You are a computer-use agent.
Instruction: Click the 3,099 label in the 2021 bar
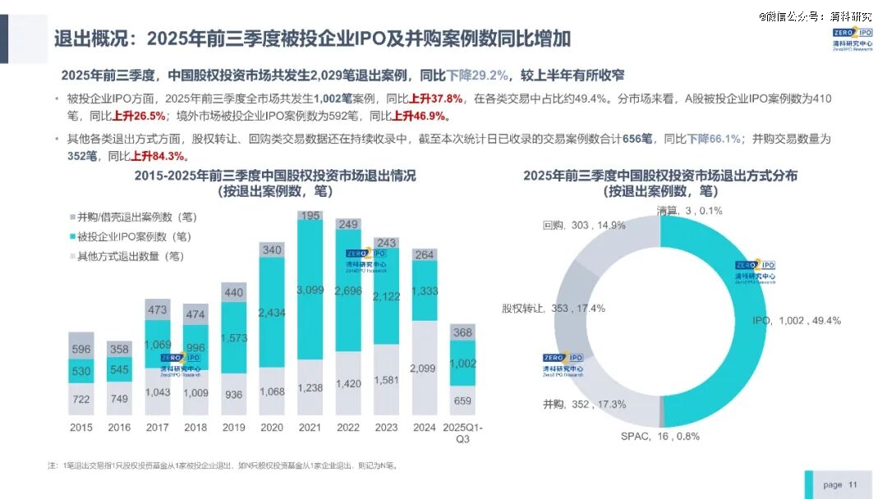coord(310,290)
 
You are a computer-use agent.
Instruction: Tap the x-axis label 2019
coord(233,428)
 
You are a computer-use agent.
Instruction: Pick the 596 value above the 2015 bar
coord(80,349)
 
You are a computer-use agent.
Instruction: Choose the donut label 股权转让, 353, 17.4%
coord(553,309)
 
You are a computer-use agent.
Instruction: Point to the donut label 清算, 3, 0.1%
coord(688,211)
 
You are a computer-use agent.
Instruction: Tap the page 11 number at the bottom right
coord(839,485)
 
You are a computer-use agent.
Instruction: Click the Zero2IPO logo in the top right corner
coord(852,39)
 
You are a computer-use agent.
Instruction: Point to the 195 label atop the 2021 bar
coord(310,215)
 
